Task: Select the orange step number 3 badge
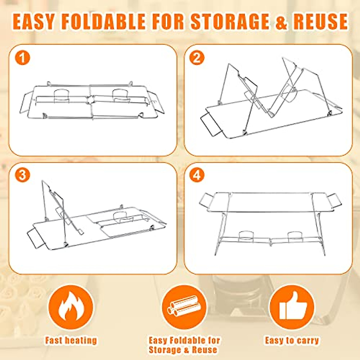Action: (22, 175)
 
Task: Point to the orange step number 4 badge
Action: (196, 175)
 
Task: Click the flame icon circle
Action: (71, 307)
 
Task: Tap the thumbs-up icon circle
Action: (292, 307)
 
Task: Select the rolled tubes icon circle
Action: (184, 307)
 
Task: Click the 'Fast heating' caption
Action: (71, 340)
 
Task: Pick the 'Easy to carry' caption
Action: (292, 340)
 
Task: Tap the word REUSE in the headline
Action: (320, 22)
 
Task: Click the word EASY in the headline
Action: (34, 22)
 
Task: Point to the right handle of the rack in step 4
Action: (334, 200)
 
